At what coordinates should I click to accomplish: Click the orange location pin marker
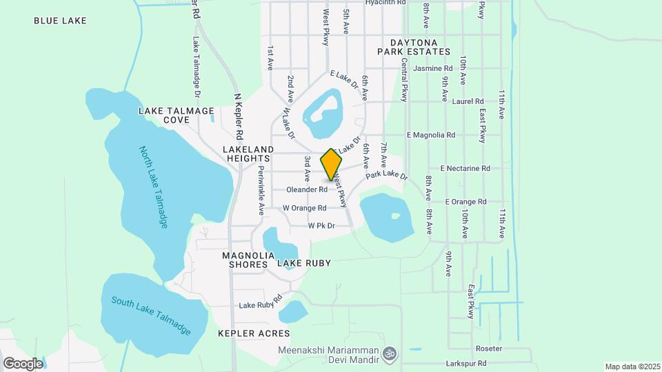[332, 164]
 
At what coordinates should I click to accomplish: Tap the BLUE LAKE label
[60, 21]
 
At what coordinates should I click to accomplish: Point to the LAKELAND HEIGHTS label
[248, 154]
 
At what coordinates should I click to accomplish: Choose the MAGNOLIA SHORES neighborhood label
[245, 260]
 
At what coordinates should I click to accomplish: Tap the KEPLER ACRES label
[253, 333]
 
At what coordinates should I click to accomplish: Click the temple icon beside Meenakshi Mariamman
[390, 351]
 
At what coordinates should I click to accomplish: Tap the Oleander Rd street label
[306, 189]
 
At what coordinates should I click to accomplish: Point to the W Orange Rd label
[304, 207]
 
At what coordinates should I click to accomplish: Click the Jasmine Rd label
[432, 68]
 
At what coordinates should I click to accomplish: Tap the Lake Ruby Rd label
[261, 302]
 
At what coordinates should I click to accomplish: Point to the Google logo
[23, 363]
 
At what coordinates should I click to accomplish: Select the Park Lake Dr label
[387, 176]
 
